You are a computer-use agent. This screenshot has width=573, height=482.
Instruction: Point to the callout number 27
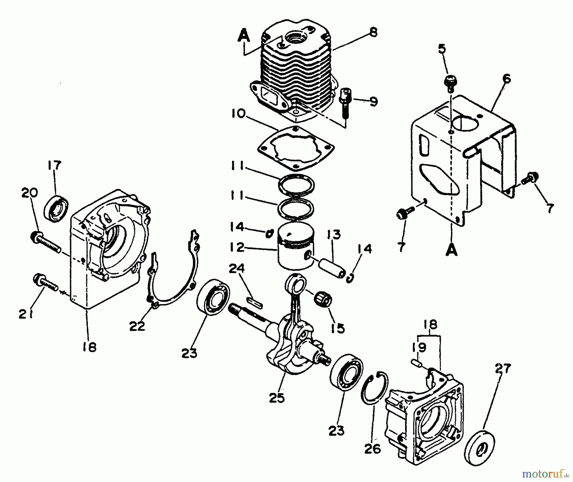[503, 369]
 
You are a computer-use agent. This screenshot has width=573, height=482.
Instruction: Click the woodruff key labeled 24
[255, 301]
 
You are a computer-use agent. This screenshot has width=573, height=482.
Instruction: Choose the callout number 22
[137, 326]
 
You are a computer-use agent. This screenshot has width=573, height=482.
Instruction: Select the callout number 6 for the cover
[506, 78]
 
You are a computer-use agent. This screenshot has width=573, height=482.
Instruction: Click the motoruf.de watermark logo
[545, 474]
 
